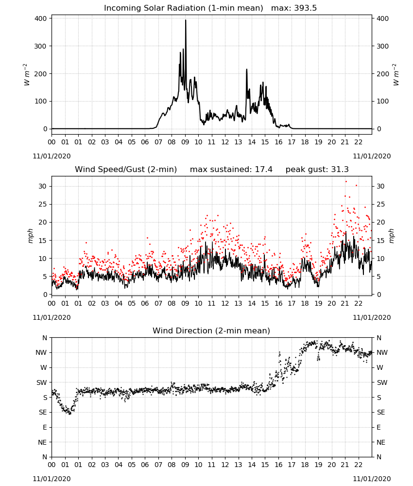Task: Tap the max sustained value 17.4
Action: click(264, 170)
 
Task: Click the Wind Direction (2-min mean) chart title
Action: click(211, 330)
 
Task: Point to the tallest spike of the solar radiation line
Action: click(186, 20)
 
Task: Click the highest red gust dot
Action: click(346, 182)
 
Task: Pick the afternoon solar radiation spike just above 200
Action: click(247, 69)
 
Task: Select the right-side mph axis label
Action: click(391, 236)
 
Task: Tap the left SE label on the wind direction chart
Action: click(43, 413)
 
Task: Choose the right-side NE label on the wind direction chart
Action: click(381, 442)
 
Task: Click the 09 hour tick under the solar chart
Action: click(185, 142)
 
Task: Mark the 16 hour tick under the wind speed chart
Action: click(278, 303)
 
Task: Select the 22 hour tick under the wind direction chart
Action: click(359, 465)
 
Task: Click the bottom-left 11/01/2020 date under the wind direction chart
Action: click(52, 479)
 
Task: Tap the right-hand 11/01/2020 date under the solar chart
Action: click(372, 156)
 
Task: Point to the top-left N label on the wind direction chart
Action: click(45, 338)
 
